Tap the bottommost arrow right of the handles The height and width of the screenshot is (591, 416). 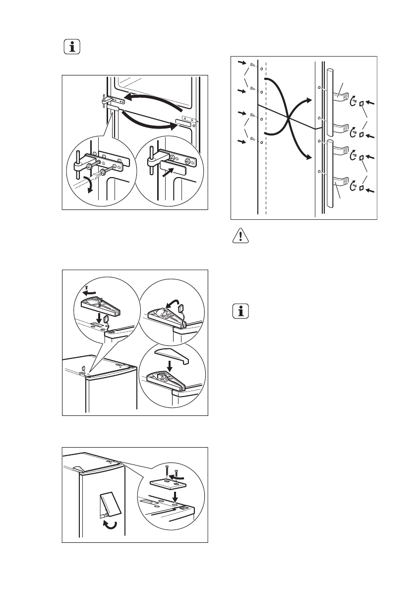coord(369,190)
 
